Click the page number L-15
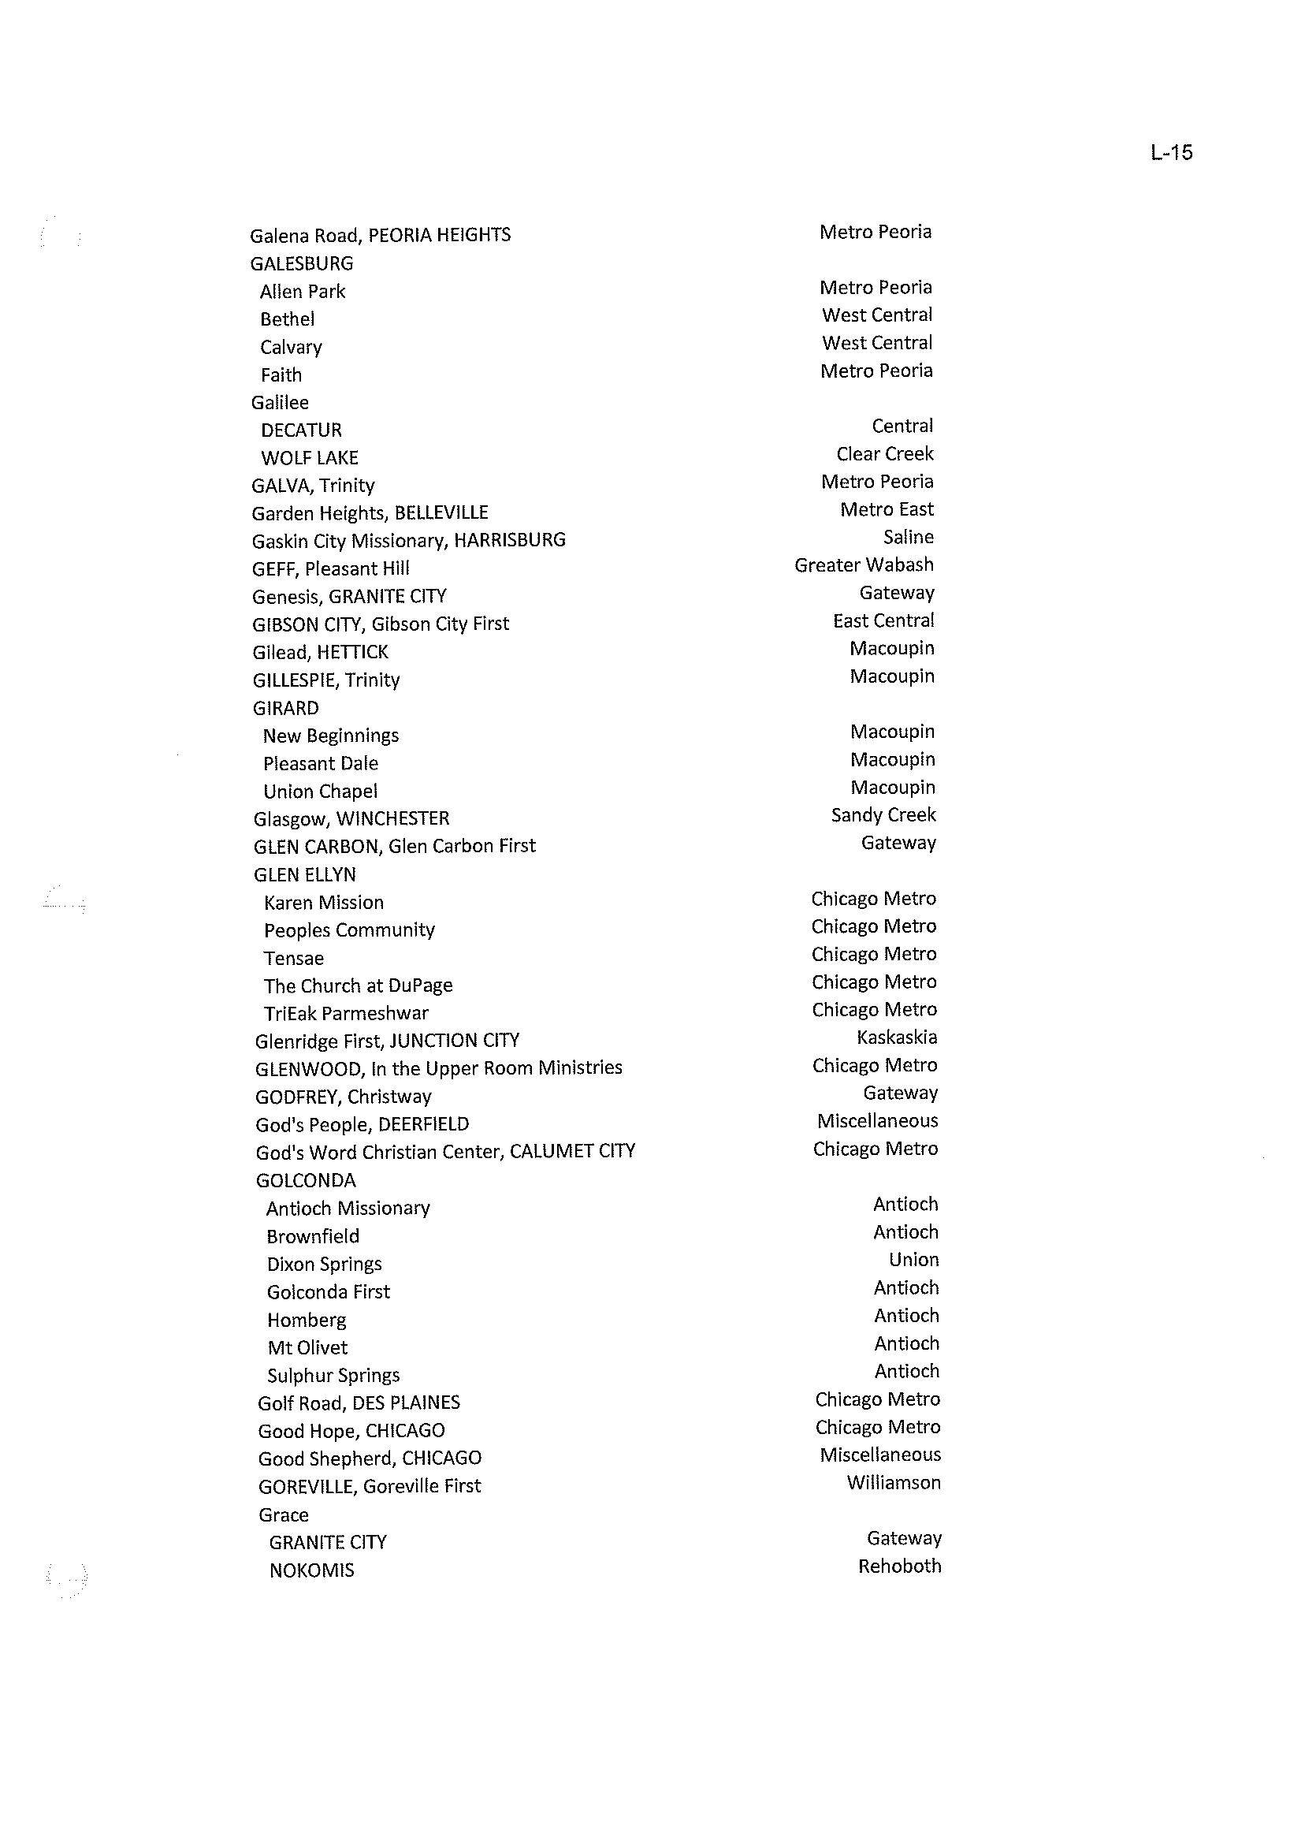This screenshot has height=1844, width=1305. tap(1171, 153)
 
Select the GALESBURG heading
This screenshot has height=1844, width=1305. tap(301, 263)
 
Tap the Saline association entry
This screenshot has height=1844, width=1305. tap(908, 537)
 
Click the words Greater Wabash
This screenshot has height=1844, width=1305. tap(864, 565)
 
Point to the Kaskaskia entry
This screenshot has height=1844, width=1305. tap(897, 1037)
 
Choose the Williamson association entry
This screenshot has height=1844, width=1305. tap(894, 1482)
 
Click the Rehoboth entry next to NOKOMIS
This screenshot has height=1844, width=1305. tap(899, 1566)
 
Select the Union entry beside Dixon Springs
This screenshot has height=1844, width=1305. tap(913, 1260)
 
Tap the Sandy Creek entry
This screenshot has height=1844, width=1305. tap(883, 815)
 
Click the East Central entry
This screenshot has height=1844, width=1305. tap(883, 620)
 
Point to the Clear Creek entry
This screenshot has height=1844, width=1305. tap(885, 454)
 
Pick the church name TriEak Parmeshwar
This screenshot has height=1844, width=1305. tap(346, 1013)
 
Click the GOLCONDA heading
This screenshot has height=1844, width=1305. tap(305, 1180)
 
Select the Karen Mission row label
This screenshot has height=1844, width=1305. tap(324, 902)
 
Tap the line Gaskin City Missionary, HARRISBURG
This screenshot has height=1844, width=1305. tap(408, 540)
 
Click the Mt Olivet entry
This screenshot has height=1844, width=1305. tap(308, 1347)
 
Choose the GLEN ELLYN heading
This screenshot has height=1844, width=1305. tap(304, 874)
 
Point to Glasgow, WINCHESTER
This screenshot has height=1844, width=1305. tap(351, 818)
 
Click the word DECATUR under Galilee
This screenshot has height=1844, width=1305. tap(301, 430)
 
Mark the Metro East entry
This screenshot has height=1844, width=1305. tap(887, 509)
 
